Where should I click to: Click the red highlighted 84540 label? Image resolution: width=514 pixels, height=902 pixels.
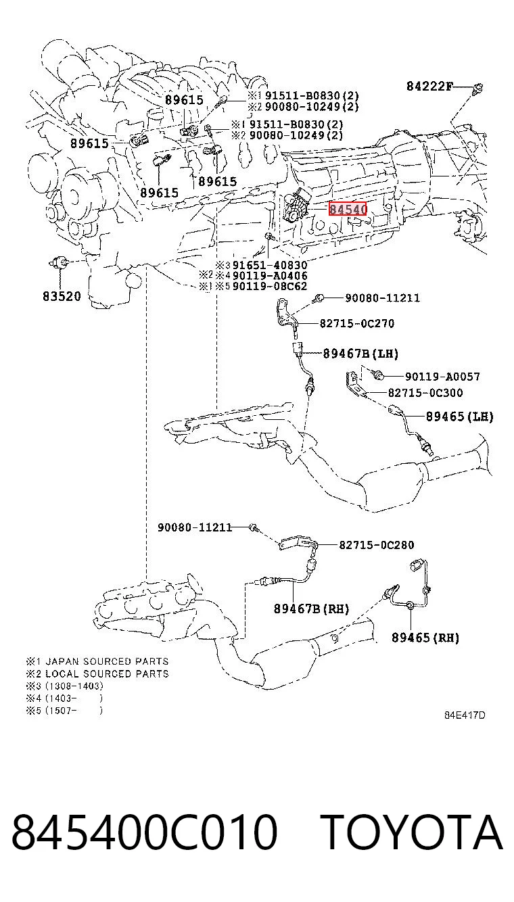point(347,208)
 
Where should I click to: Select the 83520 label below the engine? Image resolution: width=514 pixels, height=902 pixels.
point(62,296)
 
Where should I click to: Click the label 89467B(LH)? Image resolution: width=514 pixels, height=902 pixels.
point(360,354)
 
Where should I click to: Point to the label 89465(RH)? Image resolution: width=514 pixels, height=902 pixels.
point(425,638)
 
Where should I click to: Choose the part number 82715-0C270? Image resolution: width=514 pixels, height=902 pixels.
point(357,323)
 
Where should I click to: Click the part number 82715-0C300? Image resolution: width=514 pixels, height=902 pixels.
point(425,393)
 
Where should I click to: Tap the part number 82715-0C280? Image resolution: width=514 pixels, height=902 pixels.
point(376,545)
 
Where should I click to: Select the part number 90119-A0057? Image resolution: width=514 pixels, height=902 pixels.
point(442,377)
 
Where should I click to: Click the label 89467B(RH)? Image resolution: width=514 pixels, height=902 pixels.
point(311,609)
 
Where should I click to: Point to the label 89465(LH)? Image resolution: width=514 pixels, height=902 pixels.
point(460,416)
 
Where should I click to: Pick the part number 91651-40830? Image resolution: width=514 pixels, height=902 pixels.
point(270,265)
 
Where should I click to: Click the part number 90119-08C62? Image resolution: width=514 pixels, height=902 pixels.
point(270,286)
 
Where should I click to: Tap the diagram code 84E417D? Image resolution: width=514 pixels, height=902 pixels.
point(465,715)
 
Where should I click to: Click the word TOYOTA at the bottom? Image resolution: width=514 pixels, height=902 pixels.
point(413,832)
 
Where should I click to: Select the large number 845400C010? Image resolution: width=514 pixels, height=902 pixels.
point(145,832)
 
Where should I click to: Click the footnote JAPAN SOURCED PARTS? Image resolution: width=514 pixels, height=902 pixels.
point(107,661)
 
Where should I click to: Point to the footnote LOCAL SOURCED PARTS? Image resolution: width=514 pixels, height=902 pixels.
point(107,673)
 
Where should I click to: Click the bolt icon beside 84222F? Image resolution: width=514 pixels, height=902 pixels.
point(478,88)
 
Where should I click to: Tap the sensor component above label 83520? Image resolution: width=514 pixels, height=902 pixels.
point(60,263)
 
